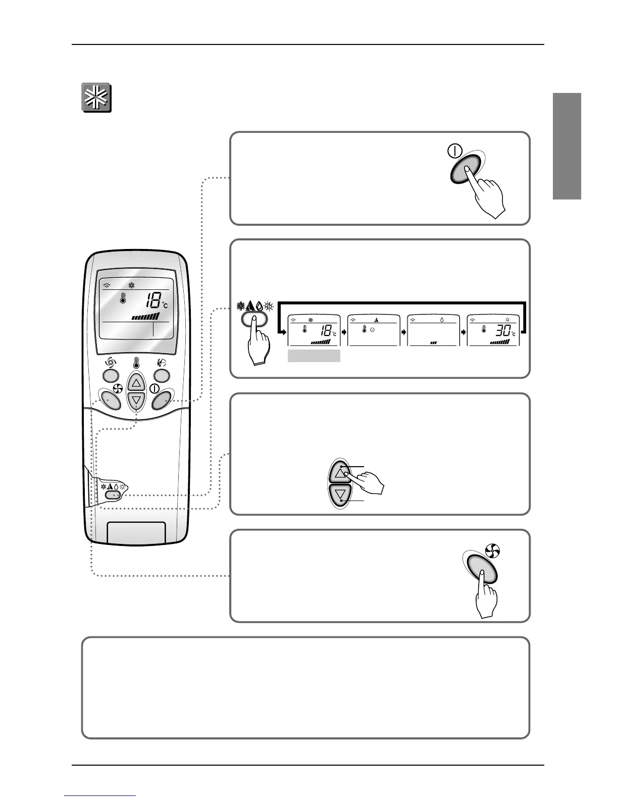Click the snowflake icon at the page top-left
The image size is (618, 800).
click(96, 97)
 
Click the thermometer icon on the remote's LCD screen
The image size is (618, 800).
click(122, 299)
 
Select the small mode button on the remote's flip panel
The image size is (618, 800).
click(114, 495)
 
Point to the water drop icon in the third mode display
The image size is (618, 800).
click(442, 320)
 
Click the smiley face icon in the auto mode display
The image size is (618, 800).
click(372, 329)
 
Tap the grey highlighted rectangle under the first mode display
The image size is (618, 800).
click(314, 356)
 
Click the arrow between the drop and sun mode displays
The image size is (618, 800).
click(462, 333)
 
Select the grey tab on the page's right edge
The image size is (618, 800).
click(567, 146)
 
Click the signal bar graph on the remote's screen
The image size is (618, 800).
click(145, 317)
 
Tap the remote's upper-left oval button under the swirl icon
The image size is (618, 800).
click(111, 375)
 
